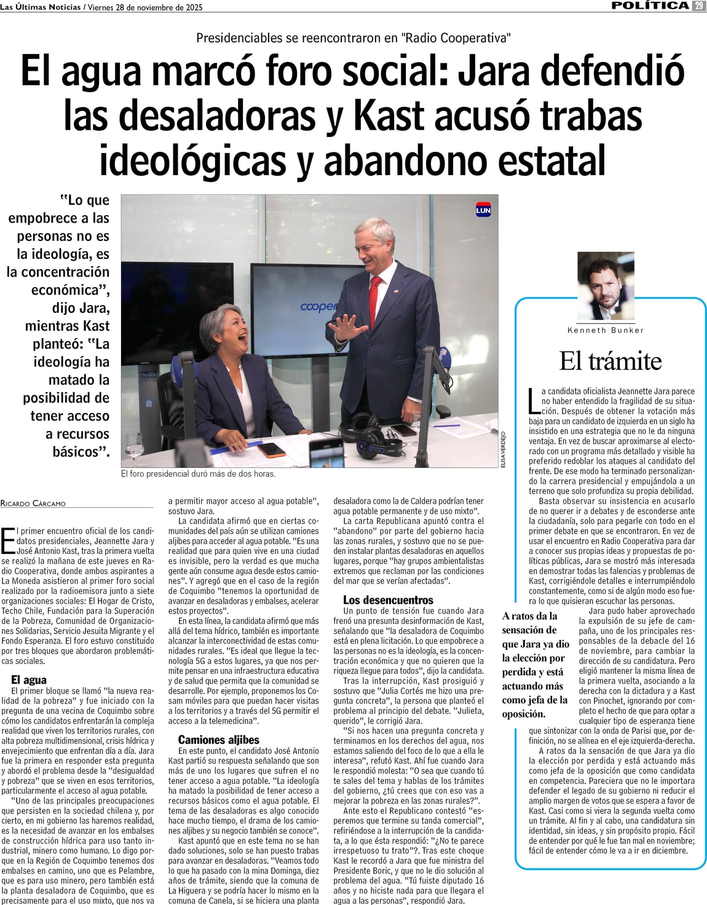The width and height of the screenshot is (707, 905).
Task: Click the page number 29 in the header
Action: pyautogui.click(x=699, y=6)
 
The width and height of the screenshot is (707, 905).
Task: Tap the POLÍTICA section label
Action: pyautogui.click(x=650, y=6)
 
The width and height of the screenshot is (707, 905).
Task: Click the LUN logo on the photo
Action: pyautogui.click(x=483, y=210)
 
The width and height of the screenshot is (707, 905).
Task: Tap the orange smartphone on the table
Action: pyautogui.click(x=271, y=449)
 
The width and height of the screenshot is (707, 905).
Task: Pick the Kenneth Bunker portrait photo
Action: pyautogui.click(x=606, y=286)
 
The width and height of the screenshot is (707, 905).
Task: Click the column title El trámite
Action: pyautogui.click(x=610, y=361)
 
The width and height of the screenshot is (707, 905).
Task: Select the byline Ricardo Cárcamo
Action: pyautogui.click(x=33, y=504)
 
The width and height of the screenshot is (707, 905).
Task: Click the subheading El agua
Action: pyautogui.click(x=29, y=679)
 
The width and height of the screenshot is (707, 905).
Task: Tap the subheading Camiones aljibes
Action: pyautogui.click(x=218, y=740)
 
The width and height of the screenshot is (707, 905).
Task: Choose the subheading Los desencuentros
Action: pyautogui.click(x=388, y=599)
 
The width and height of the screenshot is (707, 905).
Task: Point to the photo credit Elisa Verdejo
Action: pyautogui.click(x=503, y=449)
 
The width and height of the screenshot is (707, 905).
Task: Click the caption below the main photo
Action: pyautogui.click(x=198, y=473)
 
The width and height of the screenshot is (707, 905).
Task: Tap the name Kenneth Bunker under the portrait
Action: pyautogui.click(x=606, y=330)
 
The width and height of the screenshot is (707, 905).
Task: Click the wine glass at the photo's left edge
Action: pyautogui.click(x=133, y=446)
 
